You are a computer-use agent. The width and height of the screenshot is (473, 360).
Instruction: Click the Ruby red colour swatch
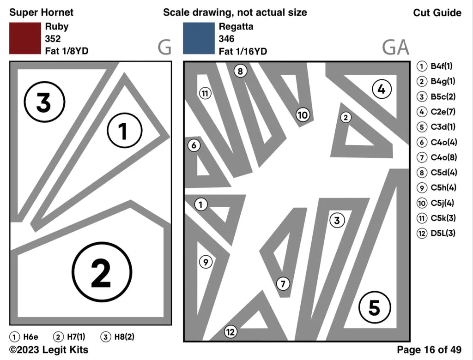[x=25, y=38]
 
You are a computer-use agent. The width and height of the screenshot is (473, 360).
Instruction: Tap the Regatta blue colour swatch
[x=199, y=38]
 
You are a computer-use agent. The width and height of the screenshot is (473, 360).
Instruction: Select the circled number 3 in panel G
[x=44, y=102]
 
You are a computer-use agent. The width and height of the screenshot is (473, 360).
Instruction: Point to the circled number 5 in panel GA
[x=374, y=307]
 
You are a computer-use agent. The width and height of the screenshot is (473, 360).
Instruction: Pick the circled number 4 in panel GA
[x=381, y=90]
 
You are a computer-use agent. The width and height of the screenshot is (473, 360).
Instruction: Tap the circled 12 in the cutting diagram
[x=230, y=331]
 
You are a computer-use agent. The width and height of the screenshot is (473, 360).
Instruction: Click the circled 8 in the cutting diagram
[x=240, y=71]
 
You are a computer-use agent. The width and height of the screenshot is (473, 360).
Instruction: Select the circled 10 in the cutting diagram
[x=302, y=115]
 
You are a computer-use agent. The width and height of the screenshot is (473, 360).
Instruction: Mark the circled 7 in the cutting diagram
[x=283, y=283]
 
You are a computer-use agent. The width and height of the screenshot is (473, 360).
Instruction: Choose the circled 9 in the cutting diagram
[x=206, y=262]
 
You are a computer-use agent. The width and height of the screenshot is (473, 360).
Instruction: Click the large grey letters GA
[x=395, y=47]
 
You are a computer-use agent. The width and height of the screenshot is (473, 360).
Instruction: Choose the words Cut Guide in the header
[x=437, y=12]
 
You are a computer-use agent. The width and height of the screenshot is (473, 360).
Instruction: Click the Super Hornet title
[x=41, y=12]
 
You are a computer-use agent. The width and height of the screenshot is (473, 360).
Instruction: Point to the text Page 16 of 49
[x=429, y=350]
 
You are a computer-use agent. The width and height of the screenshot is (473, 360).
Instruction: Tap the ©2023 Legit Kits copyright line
[x=49, y=349]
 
